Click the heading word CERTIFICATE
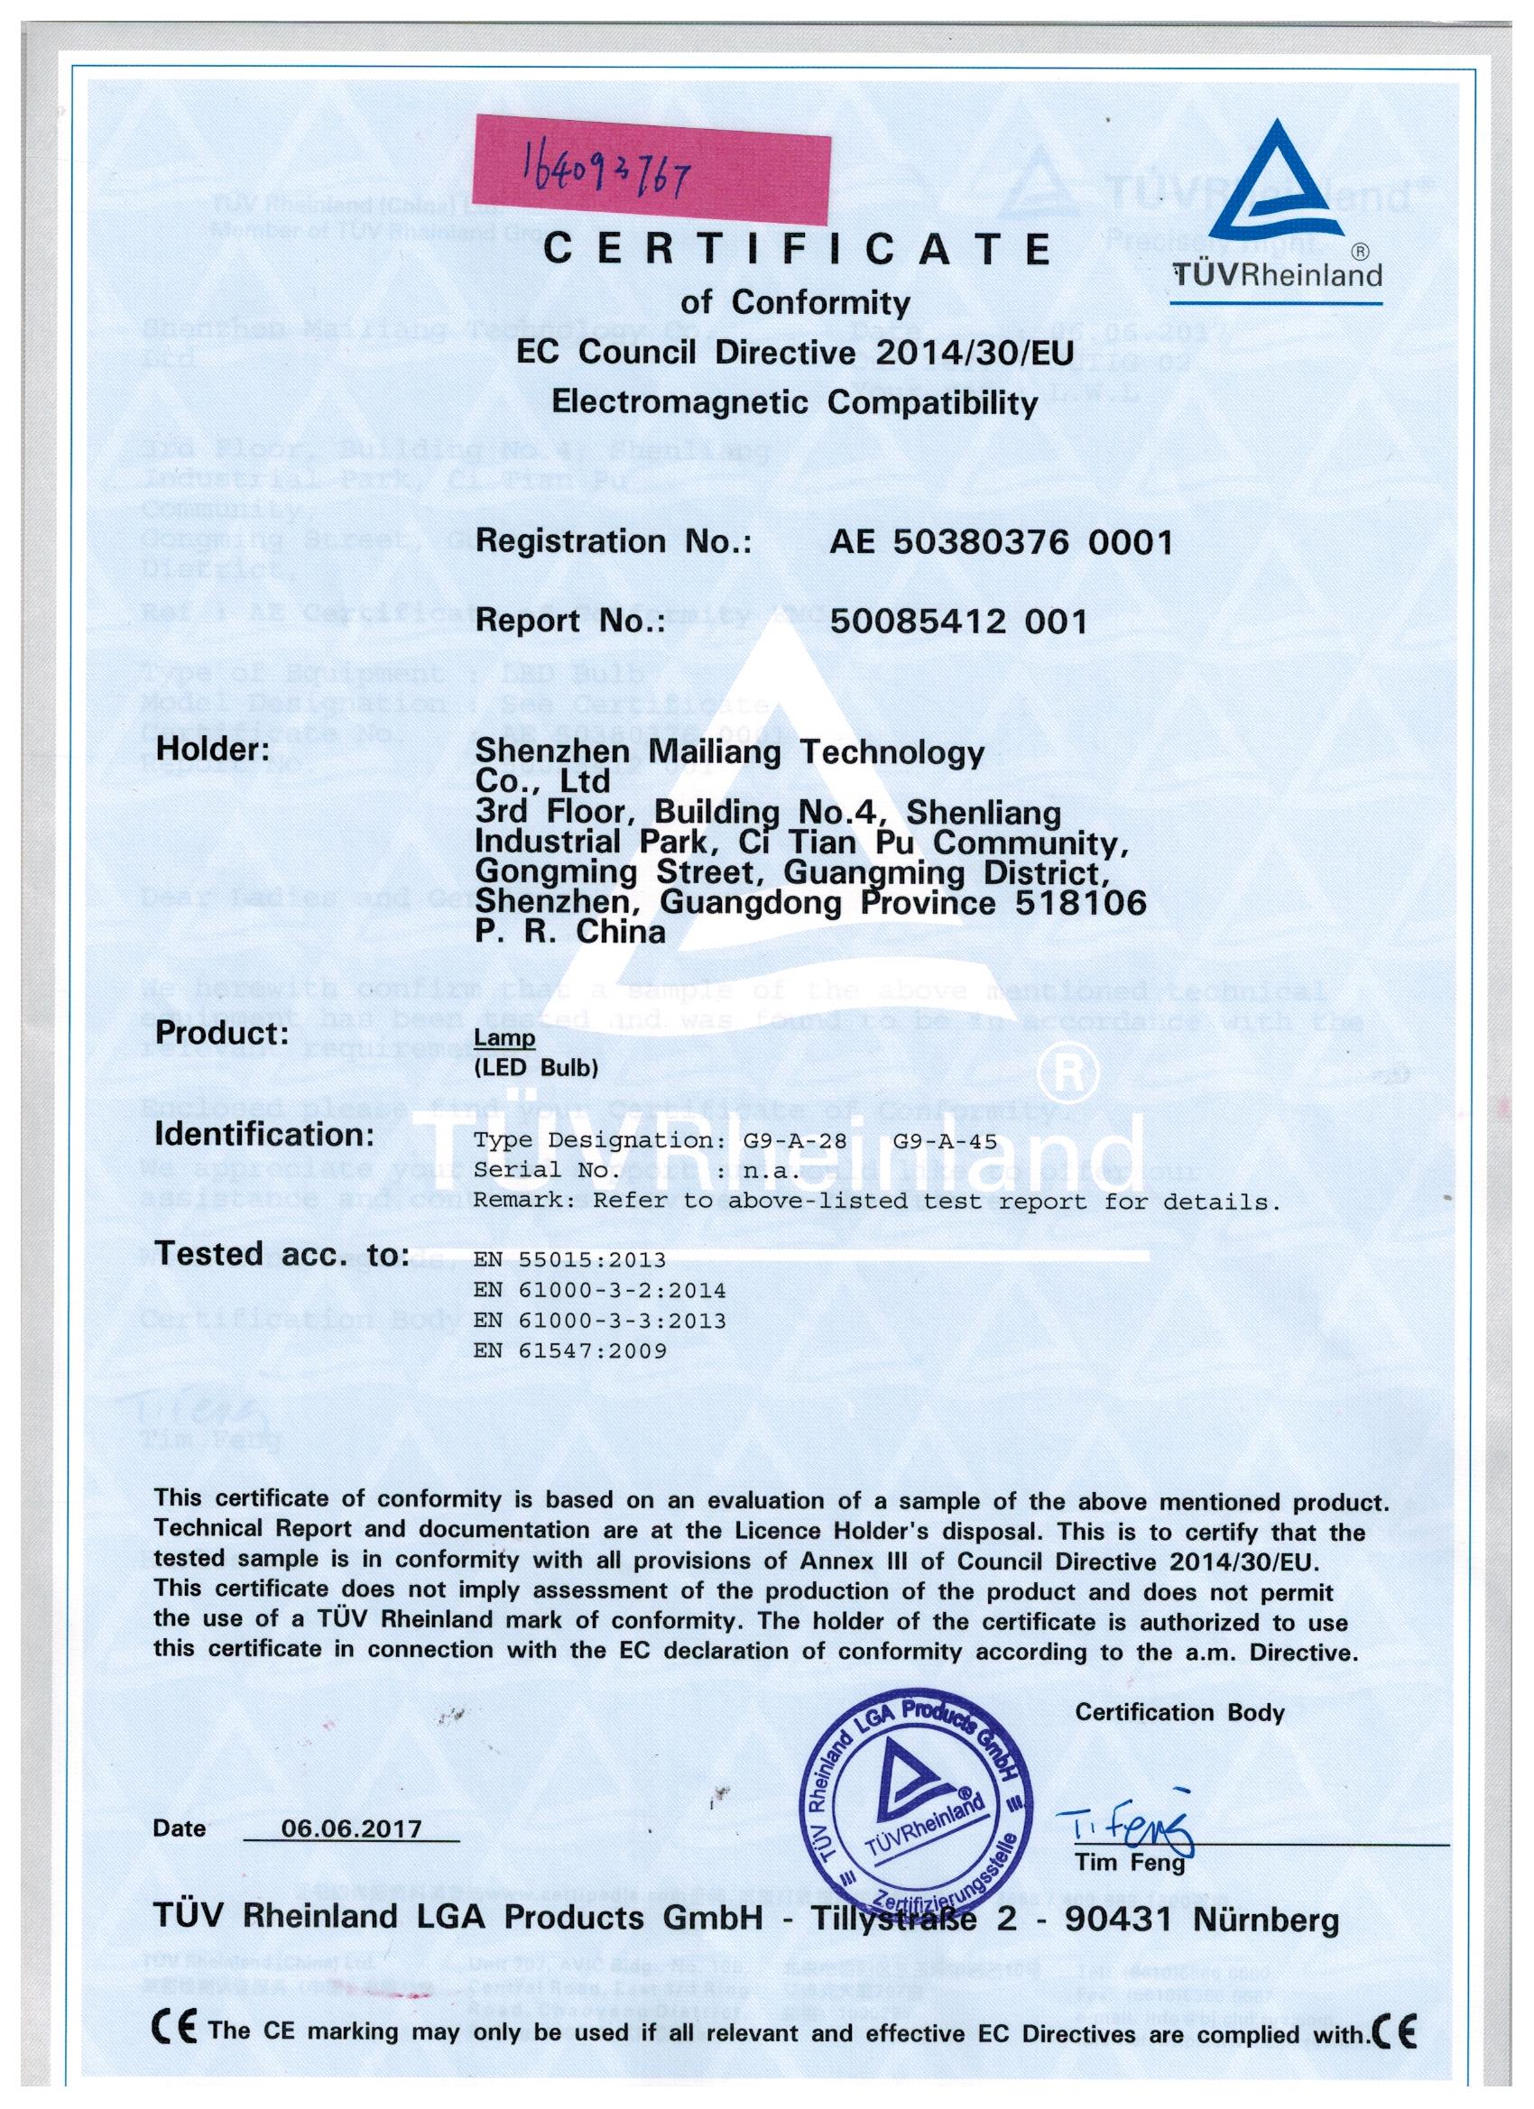coord(798,248)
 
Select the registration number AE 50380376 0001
coord(1000,541)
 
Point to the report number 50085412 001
coord(958,621)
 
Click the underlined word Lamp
coord(504,1037)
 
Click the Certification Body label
coord(1178,1713)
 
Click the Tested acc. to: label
coord(281,1255)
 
